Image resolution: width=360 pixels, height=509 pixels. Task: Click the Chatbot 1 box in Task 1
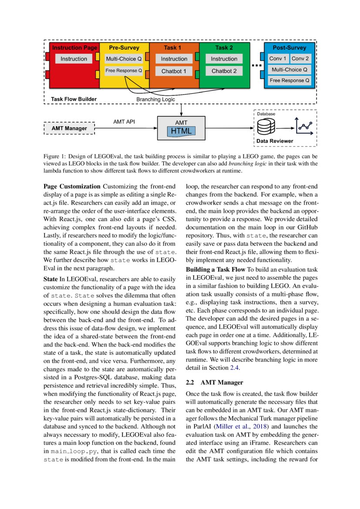pyautogui.click(x=174, y=71)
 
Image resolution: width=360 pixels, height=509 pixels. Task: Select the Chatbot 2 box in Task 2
pyautogui.click(x=224, y=71)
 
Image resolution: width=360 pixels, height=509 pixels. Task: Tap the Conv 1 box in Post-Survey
pyautogui.click(x=278, y=59)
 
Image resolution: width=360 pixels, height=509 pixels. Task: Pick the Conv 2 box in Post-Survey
pyautogui.click(x=300, y=59)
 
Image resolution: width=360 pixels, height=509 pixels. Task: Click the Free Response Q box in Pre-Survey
pyautogui.click(x=124, y=70)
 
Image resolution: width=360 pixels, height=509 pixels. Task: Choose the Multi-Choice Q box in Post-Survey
pyautogui.click(x=289, y=69)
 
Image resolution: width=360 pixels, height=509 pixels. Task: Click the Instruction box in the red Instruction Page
pyautogui.click(x=74, y=59)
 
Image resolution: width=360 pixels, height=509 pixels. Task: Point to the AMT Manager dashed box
pyautogui.click(x=69, y=128)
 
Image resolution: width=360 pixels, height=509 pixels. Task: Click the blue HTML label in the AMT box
pyautogui.click(x=181, y=131)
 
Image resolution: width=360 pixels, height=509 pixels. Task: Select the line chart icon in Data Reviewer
pyautogui.click(x=304, y=127)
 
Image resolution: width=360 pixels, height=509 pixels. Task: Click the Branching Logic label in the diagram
pyautogui.click(x=156, y=99)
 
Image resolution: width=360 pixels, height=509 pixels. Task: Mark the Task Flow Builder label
pyautogui.click(x=74, y=99)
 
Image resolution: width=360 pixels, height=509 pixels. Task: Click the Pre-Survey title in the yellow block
pyautogui.click(x=124, y=47)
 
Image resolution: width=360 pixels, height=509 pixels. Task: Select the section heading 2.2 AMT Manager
pyautogui.click(x=214, y=382)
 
